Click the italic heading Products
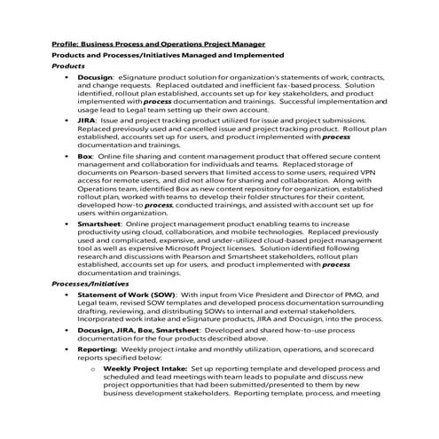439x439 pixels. (x=68, y=67)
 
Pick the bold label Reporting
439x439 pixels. (x=100, y=375)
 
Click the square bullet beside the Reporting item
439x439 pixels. (x=68, y=375)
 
